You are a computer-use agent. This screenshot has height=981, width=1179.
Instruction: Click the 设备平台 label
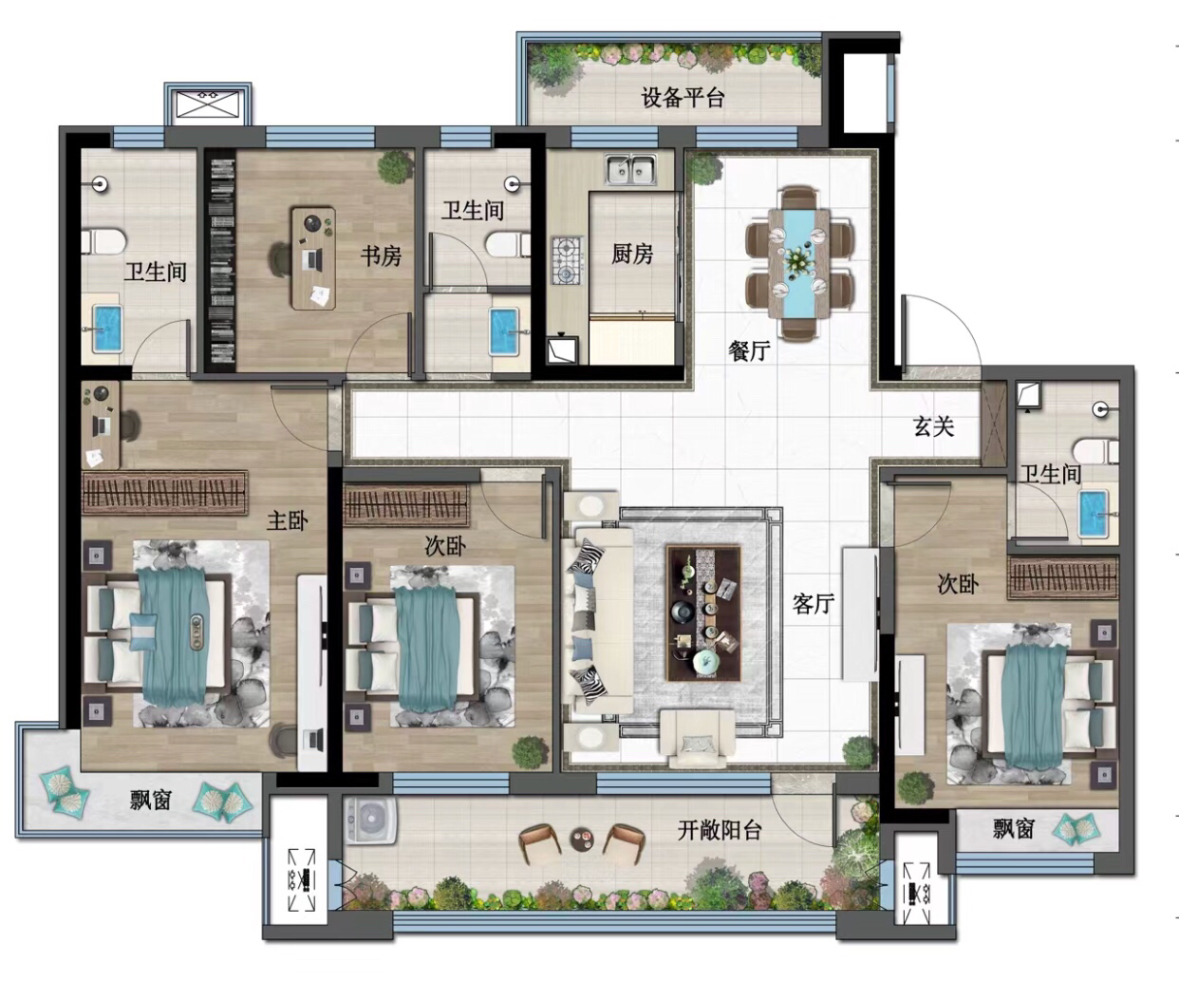[x=683, y=98]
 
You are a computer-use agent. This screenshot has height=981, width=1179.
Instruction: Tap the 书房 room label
[x=382, y=256]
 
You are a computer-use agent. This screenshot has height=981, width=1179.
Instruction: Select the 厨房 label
[x=632, y=255]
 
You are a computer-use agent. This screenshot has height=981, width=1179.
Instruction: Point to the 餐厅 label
[x=749, y=351]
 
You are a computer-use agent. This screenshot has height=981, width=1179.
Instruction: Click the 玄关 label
[x=934, y=426]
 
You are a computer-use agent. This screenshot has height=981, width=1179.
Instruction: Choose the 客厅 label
[x=814, y=604]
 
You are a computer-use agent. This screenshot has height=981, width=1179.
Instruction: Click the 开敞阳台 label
[x=720, y=830]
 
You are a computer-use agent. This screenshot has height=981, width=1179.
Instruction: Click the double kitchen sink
[x=631, y=169]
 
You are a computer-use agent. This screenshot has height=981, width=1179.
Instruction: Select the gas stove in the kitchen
[x=567, y=261]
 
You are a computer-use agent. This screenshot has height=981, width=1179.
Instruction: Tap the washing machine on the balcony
[x=370, y=820]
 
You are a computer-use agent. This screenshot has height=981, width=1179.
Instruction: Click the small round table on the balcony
[x=582, y=839]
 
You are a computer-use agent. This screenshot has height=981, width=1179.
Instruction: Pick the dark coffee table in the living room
[x=703, y=613]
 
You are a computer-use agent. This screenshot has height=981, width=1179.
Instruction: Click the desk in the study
[x=313, y=257]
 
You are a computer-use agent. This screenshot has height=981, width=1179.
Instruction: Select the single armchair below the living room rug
[x=698, y=738]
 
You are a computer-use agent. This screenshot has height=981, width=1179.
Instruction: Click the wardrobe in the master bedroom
[x=165, y=492]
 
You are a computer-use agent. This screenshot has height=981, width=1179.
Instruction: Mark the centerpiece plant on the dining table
[x=798, y=261]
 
